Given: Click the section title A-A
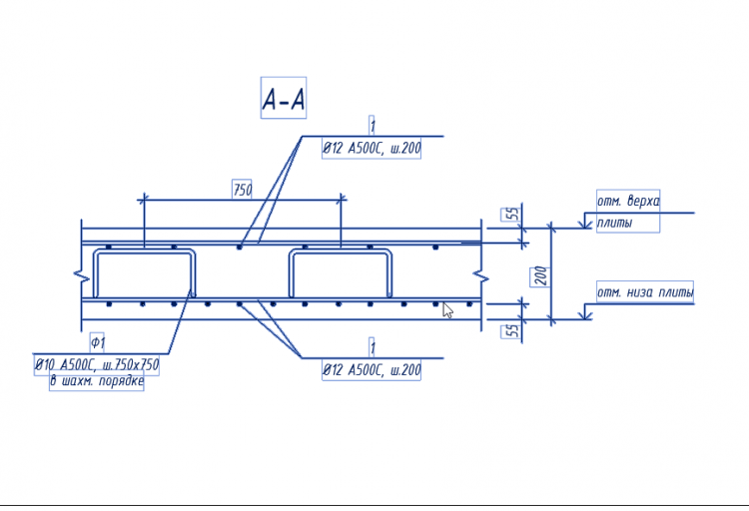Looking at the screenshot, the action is click(x=284, y=99).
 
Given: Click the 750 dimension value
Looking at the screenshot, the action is click(x=243, y=190).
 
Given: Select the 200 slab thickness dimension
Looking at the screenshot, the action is click(x=540, y=276).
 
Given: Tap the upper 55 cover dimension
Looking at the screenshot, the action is click(x=511, y=214).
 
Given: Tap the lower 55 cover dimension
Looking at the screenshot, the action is click(x=511, y=330).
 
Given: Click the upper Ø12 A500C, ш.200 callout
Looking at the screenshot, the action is click(x=372, y=148).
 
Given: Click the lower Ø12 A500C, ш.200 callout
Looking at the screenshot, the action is click(x=372, y=369).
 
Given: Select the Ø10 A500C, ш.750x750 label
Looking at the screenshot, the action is click(x=97, y=365).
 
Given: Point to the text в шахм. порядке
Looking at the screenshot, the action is click(x=97, y=381).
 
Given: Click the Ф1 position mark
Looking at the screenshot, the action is click(x=98, y=342).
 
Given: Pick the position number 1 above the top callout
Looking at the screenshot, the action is click(x=373, y=126).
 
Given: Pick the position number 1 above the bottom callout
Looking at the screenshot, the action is click(x=373, y=347).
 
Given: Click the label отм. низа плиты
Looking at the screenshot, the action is click(x=645, y=291).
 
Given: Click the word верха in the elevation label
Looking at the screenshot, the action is click(x=643, y=201).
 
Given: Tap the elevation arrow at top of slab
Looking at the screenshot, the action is click(x=584, y=223).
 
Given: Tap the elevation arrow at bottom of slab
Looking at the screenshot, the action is click(x=584, y=312).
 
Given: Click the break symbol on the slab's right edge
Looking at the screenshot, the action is click(x=481, y=276).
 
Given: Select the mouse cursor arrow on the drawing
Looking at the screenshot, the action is click(x=447, y=310).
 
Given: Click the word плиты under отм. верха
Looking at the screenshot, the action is click(x=614, y=223).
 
